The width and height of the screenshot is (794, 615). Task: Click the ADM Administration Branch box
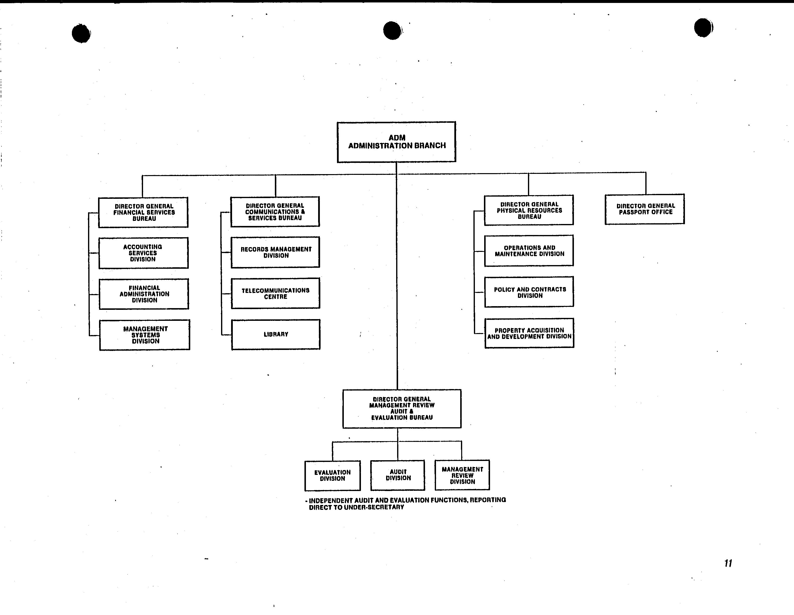pos(396,142)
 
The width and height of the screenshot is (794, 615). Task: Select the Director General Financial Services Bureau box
pos(143,212)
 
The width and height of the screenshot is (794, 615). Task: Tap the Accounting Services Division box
pos(144,253)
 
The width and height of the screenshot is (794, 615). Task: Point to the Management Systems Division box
pos(145,335)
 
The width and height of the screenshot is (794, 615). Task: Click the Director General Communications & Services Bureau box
pos(275,212)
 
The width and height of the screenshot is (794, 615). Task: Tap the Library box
pos(276,334)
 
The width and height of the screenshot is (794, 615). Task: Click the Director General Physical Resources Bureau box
pos(529,210)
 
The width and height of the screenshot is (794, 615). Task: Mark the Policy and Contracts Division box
pos(529,292)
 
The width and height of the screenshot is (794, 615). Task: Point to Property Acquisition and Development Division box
pos(529,333)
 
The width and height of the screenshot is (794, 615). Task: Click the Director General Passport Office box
pos(645,209)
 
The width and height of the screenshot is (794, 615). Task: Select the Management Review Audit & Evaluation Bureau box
pos(402,409)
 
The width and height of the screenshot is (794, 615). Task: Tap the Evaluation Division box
pos(333,475)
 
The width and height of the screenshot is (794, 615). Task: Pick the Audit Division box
pos(398,475)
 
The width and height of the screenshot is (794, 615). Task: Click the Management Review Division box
pos(462,475)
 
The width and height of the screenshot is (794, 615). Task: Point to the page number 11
pos(728,563)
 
